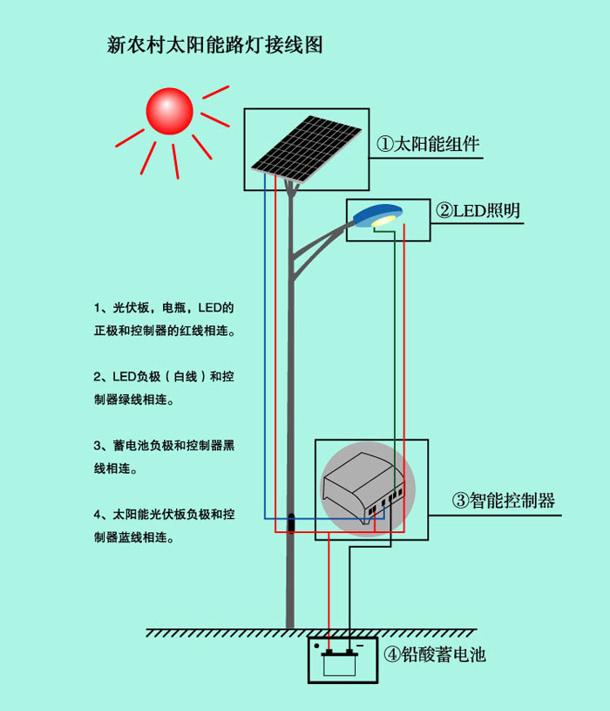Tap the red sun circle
[x=169, y=110]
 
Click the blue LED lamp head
[x=380, y=215]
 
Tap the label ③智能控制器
[x=503, y=501]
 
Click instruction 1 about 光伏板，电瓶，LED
[x=165, y=319]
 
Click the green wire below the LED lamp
[x=394, y=349]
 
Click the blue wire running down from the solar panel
[x=266, y=349]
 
